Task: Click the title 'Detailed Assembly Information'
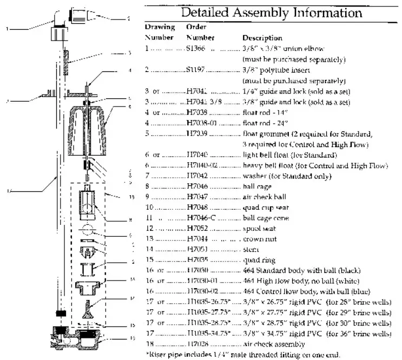point(271,11)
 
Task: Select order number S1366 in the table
point(198,49)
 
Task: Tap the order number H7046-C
point(200,217)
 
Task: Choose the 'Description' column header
point(262,38)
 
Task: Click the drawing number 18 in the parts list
point(149,344)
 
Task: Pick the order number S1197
point(197,70)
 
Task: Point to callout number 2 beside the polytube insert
point(128,18)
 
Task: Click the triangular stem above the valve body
point(88,310)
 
